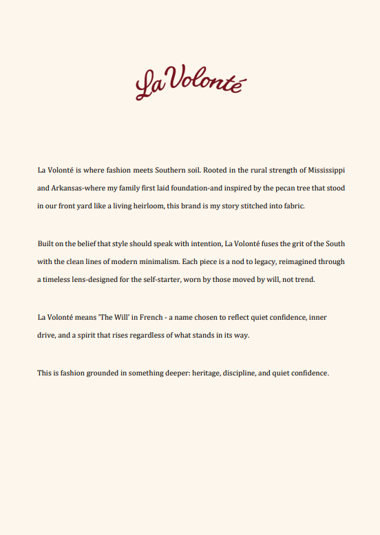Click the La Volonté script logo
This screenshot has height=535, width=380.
(191, 83)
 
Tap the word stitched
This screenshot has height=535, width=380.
(258, 206)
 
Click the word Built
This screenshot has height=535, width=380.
(46, 243)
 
